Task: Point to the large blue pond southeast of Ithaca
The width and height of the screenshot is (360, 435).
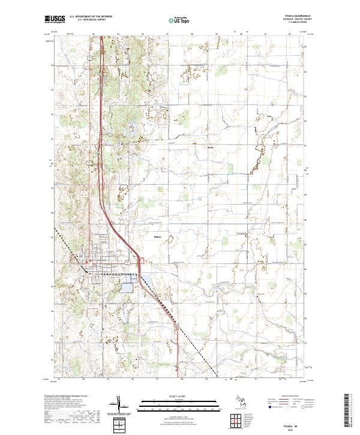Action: (x=128, y=284)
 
